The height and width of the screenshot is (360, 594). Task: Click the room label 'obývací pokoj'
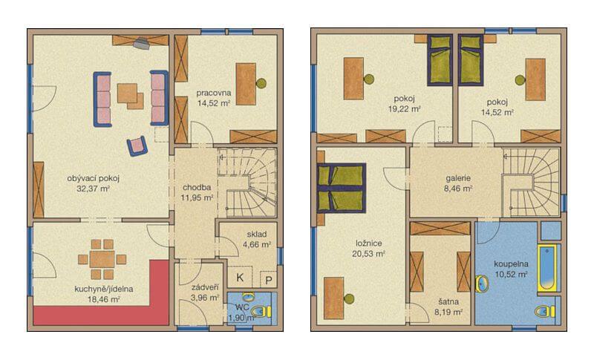(x=94, y=178)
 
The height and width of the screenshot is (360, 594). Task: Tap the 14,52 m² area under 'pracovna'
(x=214, y=102)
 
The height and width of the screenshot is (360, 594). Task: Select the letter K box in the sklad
(x=240, y=278)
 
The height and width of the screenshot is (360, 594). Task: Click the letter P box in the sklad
(x=269, y=280)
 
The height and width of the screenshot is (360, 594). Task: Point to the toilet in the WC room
(x=262, y=312)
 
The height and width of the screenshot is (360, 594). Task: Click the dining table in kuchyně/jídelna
(x=102, y=259)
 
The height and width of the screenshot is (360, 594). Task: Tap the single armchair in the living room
(x=137, y=146)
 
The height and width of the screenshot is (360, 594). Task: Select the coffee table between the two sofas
(x=130, y=96)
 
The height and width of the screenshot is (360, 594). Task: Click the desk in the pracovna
(x=246, y=84)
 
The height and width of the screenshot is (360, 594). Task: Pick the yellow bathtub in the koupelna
(x=546, y=268)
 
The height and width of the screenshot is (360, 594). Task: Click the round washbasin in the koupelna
(x=482, y=284)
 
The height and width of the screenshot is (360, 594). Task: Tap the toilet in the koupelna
(x=545, y=312)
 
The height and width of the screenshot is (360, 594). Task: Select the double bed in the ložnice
(x=341, y=188)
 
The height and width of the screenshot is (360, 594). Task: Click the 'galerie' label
(x=458, y=177)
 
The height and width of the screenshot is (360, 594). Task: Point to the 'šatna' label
(x=448, y=301)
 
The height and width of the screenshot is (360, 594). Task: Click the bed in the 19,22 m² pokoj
(x=440, y=61)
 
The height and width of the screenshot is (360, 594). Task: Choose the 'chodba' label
(x=197, y=187)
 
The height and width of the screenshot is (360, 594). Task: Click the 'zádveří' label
(x=205, y=287)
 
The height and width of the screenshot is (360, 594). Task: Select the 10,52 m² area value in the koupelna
(x=511, y=275)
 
